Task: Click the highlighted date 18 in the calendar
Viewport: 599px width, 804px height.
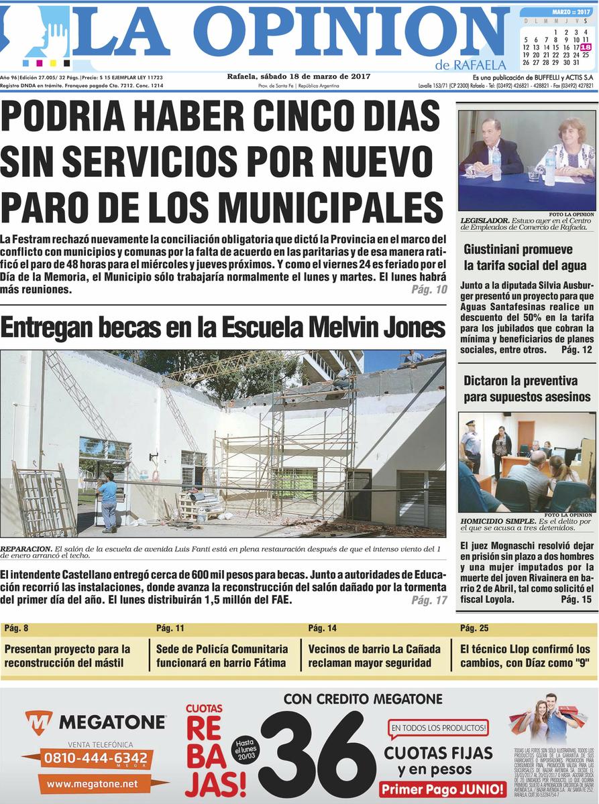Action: pos(586,47)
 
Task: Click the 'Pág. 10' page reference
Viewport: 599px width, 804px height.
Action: pos(429,289)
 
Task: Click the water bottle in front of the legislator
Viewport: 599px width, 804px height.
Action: pos(496,164)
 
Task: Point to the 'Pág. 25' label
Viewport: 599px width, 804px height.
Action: pos(475,628)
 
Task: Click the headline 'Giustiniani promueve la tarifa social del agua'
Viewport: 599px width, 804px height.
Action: pos(525,257)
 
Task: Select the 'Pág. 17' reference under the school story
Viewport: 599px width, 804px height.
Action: pos(429,600)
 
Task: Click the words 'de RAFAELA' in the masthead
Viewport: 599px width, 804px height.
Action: pos(470,65)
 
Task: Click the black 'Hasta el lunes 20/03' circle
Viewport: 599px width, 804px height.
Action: pos(245,748)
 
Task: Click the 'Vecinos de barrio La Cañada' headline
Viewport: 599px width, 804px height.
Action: pos(374,656)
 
